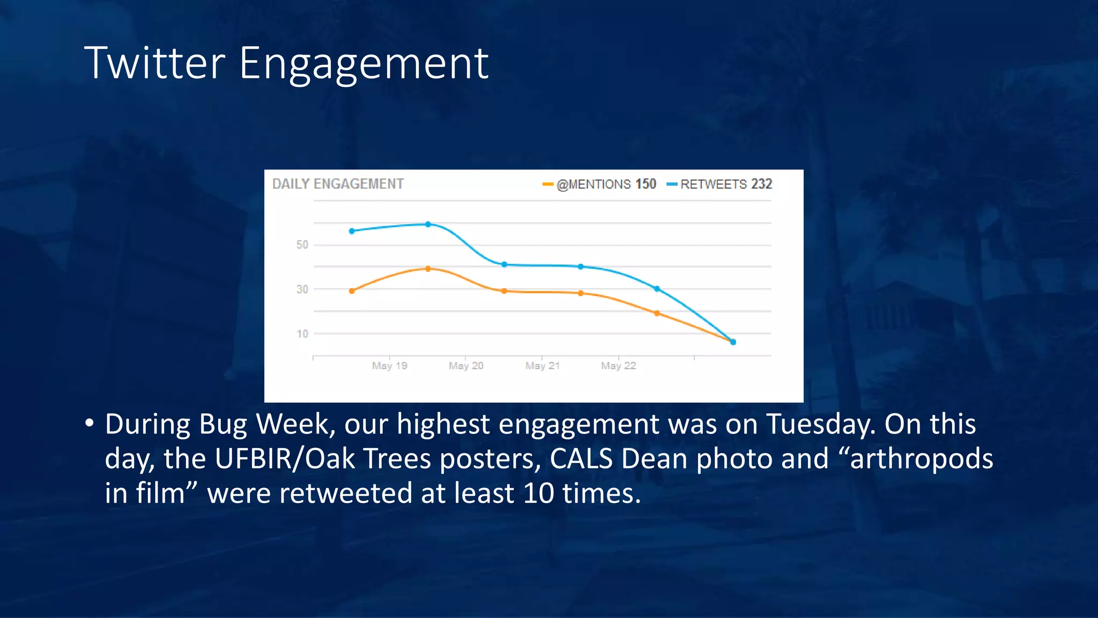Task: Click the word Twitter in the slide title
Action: (x=154, y=63)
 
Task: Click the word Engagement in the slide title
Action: (x=363, y=64)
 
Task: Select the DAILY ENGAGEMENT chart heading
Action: (x=338, y=184)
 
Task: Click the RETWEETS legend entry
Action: (x=713, y=185)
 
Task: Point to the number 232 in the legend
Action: (x=761, y=184)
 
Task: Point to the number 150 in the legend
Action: (x=646, y=184)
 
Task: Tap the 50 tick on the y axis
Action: (x=302, y=245)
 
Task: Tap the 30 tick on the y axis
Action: (x=302, y=289)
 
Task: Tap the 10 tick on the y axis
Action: (x=302, y=334)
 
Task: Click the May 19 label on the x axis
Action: (x=390, y=366)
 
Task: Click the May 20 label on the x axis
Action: (x=466, y=366)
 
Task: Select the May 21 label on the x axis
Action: (x=543, y=366)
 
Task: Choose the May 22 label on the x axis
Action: (x=618, y=366)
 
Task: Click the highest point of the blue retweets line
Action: (x=428, y=224)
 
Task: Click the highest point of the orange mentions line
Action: (x=428, y=269)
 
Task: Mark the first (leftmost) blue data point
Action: (x=352, y=231)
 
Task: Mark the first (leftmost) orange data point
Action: (x=352, y=291)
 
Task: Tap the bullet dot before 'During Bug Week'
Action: (x=90, y=424)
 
